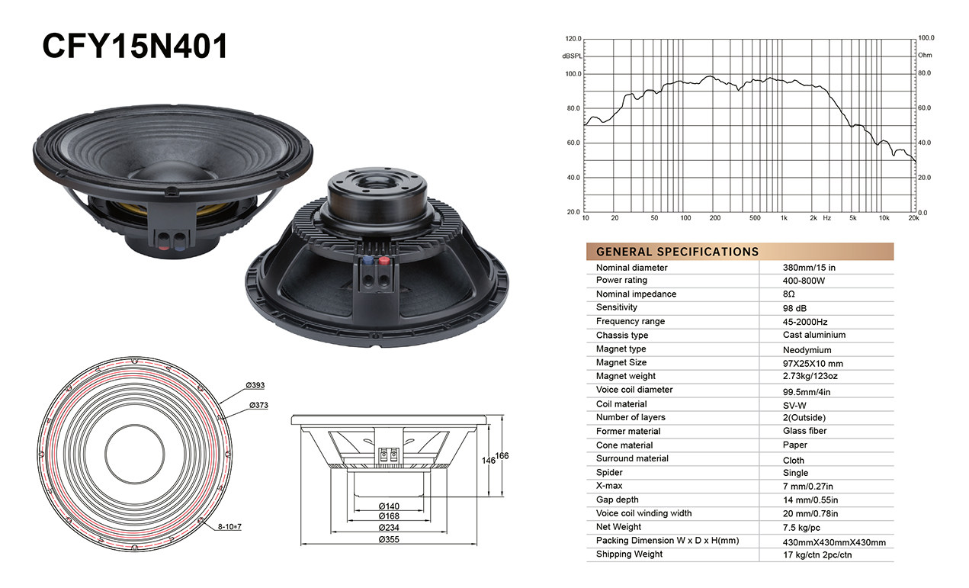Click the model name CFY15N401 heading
(134, 46)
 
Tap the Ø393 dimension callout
(255, 385)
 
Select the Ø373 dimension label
(258, 406)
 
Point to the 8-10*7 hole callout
(229, 526)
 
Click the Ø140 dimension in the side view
(389, 506)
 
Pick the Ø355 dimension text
(389, 539)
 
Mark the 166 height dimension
(502, 455)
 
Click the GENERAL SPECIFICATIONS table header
(678, 252)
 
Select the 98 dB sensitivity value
(794, 308)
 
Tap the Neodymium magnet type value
(807, 349)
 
